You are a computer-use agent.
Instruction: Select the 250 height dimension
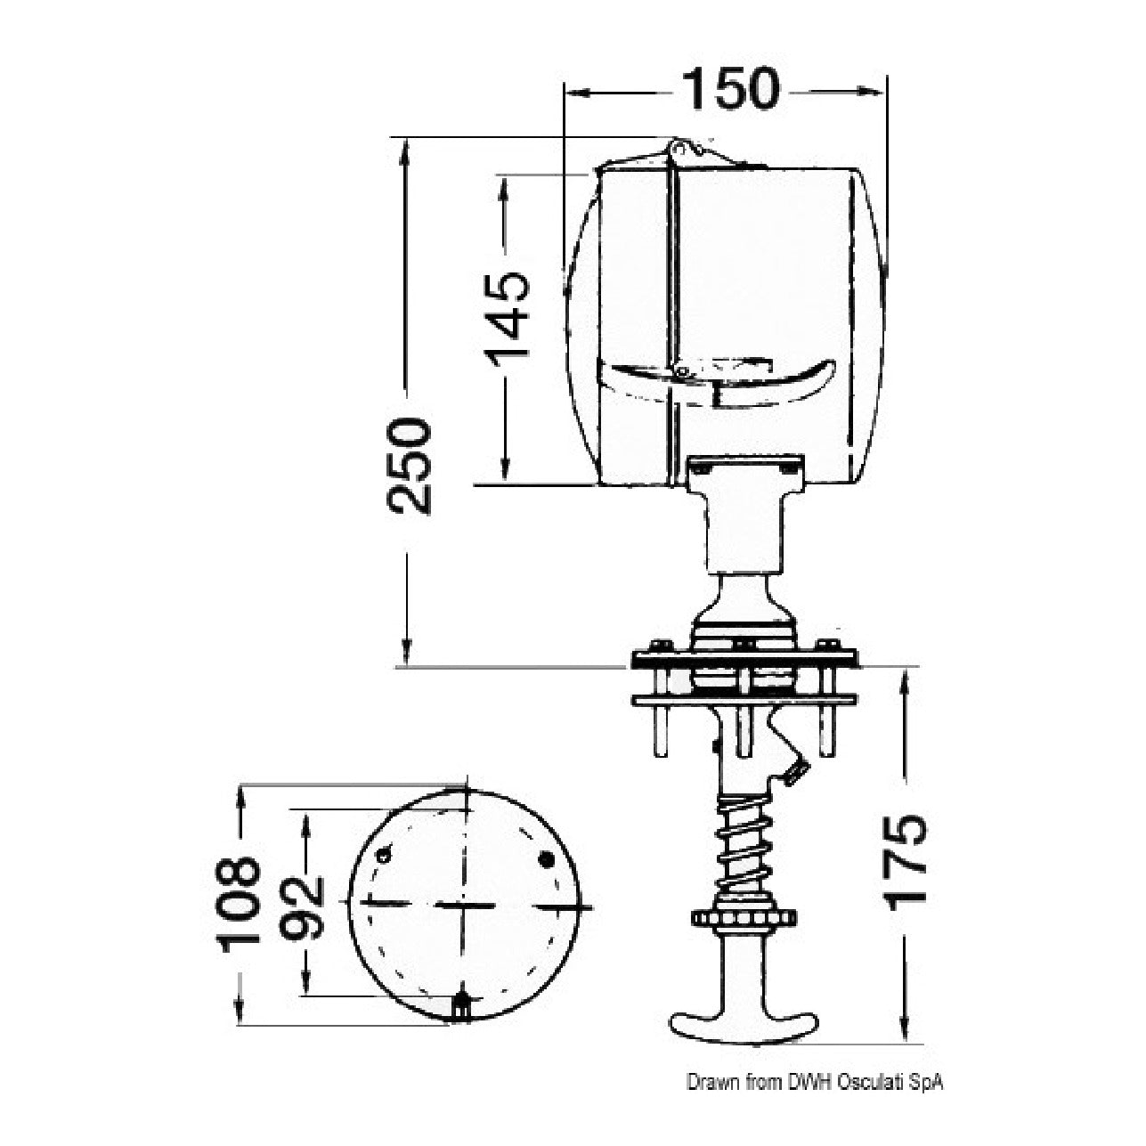pos(408,466)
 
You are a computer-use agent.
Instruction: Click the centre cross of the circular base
pos(465,906)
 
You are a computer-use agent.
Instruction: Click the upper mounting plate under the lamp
pos(744,658)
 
